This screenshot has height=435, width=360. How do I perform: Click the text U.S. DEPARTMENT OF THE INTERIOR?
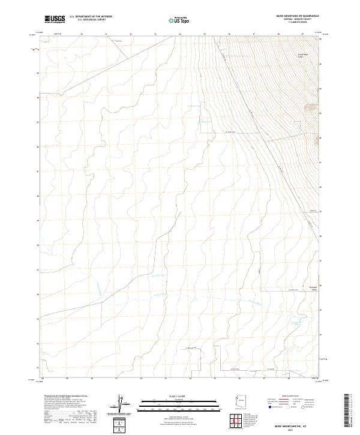(91, 17)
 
